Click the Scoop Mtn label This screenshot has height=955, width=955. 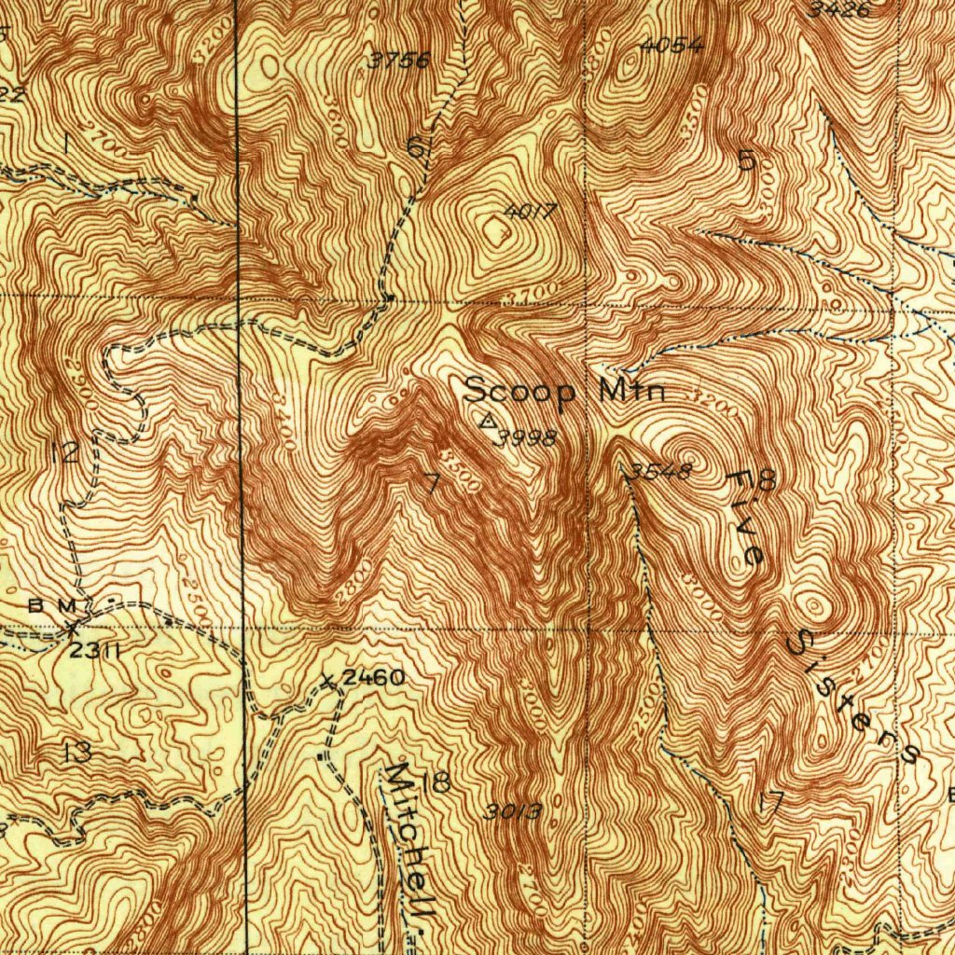click(x=565, y=391)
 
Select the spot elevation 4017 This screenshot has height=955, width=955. click(x=530, y=212)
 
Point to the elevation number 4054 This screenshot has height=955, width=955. click(x=671, y=45)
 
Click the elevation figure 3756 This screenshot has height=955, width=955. click(x=399, y=61)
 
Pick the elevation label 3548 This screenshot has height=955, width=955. click(x=659, y=471)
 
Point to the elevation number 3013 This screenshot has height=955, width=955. click(x=513, y=811)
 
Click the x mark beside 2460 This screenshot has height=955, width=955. click(x=327, y=680)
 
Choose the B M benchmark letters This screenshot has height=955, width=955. click(x=52, y=605)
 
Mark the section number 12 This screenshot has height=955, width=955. click(x=65, y=454)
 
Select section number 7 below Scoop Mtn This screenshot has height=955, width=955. click(x=430, y=483)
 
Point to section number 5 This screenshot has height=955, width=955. click(x=746, y=160)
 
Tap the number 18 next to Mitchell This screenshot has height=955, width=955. click(x=436, y=782)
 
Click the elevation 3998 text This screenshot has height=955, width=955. click(x=527, y=437)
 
